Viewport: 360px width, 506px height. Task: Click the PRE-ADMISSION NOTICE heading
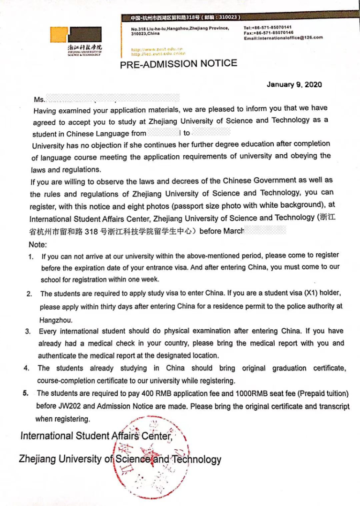point(179,64)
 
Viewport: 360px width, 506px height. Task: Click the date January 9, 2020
point(294,85)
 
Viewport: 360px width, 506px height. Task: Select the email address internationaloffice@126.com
point(283,38)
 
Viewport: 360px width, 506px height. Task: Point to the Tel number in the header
point(267,27)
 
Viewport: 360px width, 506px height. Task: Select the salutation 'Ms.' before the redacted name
point(39,100)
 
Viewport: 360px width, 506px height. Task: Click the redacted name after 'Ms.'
point(112,98)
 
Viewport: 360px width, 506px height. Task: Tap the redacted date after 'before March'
point(265,230)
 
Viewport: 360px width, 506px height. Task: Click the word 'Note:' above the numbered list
point(37,244)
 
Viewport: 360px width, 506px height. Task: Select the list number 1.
point(30,257)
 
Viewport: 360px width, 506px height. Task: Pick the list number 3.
point(28,332)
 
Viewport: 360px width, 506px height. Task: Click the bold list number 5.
point(26,393)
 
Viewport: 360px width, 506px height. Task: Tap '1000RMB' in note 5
point(245,393)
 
